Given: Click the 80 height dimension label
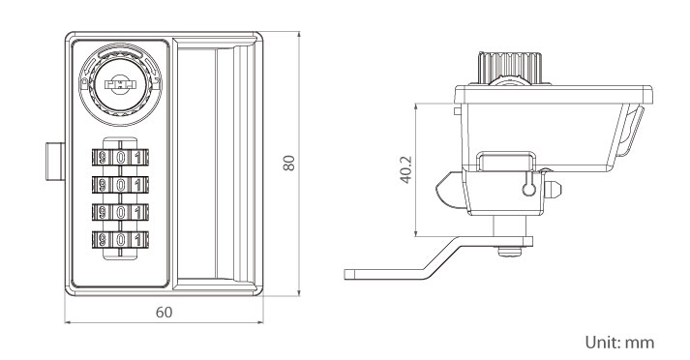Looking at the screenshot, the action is pos(288,163).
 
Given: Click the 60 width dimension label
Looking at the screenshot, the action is pos(165,312).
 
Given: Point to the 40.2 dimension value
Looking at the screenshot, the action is pos(405,169).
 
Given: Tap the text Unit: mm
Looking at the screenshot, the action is pos(619,342).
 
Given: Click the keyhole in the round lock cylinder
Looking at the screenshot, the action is pos(120,84).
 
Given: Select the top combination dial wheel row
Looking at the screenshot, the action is pos(120,157).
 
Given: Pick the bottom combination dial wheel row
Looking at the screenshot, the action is pos(120,240).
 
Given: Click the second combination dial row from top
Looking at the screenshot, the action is pos(120,185).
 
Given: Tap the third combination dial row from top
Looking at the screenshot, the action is pos(120,212).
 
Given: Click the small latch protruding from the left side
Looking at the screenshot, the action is pos(55,162).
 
